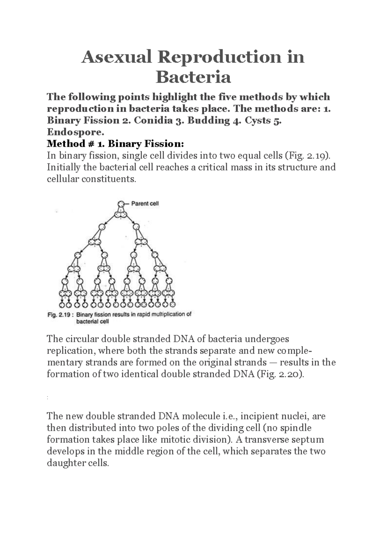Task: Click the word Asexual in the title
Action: (x=116, y=57)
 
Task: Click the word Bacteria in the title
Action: (x=193, y=77)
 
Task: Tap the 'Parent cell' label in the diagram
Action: (x=145, y=204)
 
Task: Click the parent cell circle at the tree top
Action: (x=121, y=204)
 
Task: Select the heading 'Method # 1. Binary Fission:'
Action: (x=115, y=144)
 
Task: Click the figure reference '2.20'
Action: (x=292, y=374)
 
